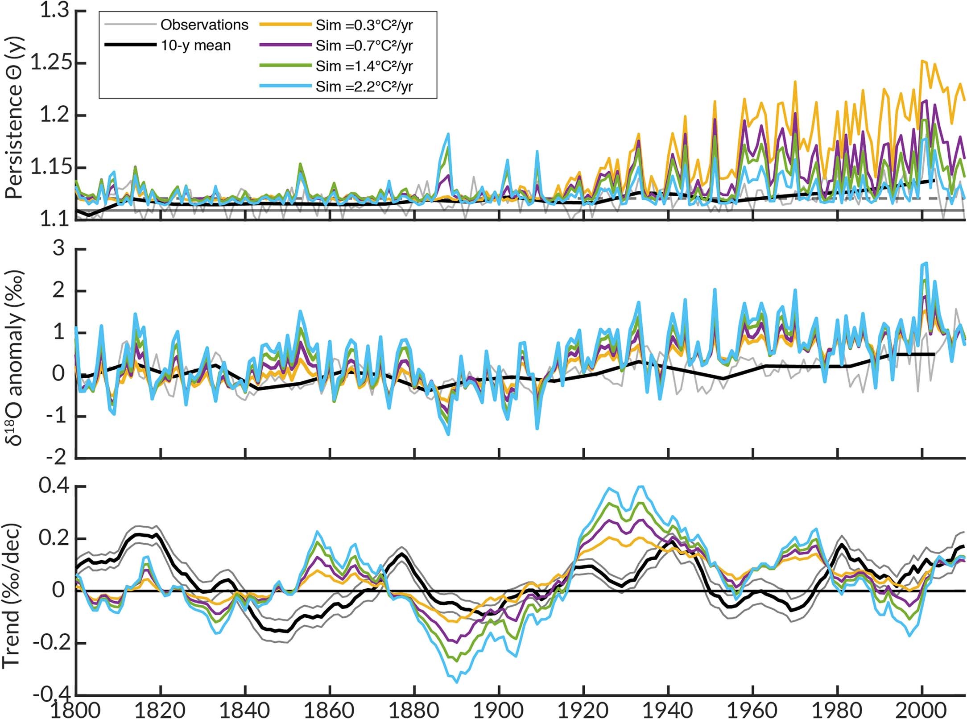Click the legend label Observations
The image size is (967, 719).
(x=204, y=25)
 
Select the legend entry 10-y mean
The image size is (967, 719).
(x=196, y=45)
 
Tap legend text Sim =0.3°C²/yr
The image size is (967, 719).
(x=364, y=25)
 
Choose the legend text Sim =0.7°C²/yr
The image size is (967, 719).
(x=364, y=45)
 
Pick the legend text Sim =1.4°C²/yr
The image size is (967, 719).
(x=364, y=66)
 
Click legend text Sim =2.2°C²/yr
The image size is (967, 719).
(x=364, y=87)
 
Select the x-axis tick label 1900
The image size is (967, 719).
(x=499, y=709)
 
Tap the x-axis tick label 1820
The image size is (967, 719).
(x=160, y=709)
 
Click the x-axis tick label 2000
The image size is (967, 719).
(x=922, y=709)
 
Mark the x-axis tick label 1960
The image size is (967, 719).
(x=752, y=709)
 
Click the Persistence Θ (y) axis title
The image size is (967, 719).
(x=14, y=117)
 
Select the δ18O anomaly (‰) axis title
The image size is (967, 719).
(x=14, y=357)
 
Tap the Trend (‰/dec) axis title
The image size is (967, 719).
(x=12, y=595)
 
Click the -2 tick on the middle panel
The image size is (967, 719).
(x=54, y=458)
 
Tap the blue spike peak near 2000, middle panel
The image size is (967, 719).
(x=924, y=263)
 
